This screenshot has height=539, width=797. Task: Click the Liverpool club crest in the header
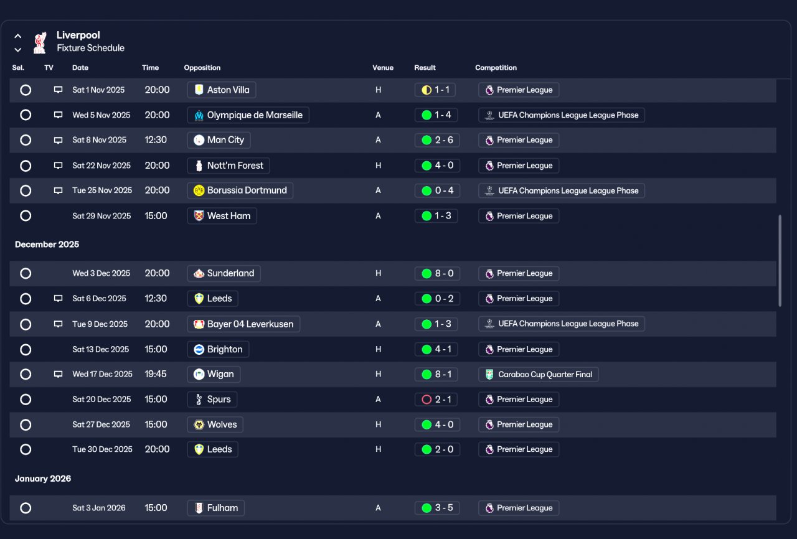[x=39, y=43]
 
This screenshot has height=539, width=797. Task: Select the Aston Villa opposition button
[x=222, y=90]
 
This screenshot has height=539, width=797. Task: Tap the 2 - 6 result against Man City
[x=437, y=140]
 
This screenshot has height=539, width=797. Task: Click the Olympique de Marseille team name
[x=255, y=115]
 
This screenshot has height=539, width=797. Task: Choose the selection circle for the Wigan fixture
[x=26, y=375]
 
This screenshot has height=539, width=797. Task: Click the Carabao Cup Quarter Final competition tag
[x=539, y=375]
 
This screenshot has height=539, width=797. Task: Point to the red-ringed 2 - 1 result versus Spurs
[x=436, y=400]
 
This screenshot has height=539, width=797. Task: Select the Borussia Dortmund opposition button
[x=240, y=190]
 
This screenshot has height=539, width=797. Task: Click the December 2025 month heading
[x=47, y=244]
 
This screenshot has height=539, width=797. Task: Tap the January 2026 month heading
[x=43, y=479]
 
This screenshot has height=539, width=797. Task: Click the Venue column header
[x=383, y=68]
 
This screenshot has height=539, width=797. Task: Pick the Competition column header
[x=496, y=68]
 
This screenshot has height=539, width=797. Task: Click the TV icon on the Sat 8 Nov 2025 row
[x=58, y=140]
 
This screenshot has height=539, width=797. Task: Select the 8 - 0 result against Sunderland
[x=437, y=273]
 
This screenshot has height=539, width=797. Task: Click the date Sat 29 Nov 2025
[x=101, y=216]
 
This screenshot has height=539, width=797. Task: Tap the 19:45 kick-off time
[x=156, y=374]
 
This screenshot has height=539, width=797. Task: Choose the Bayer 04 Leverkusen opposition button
[x=243, y=324]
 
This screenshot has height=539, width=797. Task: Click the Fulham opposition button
[x=216, y=508]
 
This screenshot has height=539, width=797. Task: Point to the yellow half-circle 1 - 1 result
[x=435, y=90]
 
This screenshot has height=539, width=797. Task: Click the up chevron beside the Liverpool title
[x=18, y=36]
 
